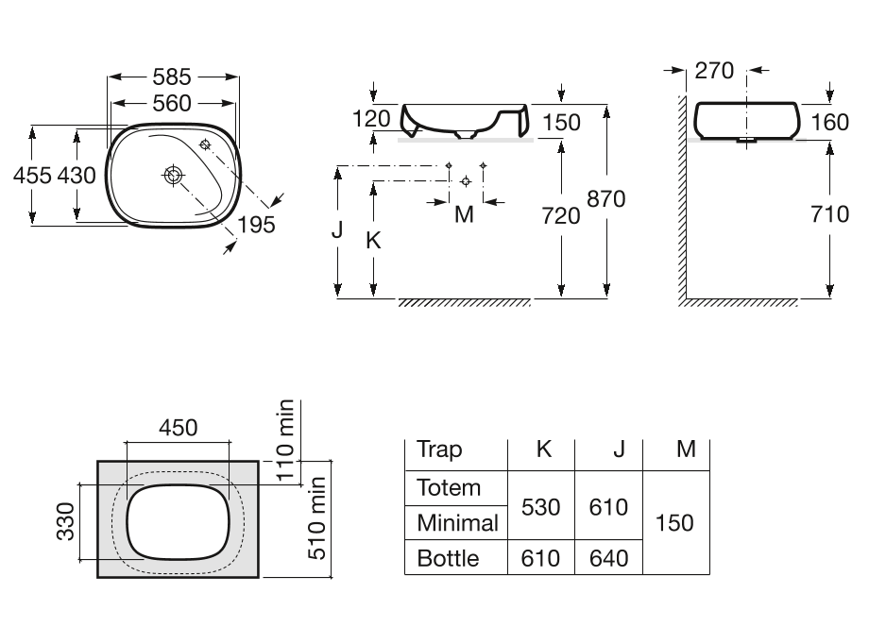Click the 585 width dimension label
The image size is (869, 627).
point(172,77)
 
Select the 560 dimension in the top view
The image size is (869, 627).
point(172,104)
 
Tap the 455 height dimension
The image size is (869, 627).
point(32,176)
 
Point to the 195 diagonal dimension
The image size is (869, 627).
point(256,225)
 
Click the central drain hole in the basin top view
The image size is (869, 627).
point(174,176)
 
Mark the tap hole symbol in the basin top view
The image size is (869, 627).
point(205,145)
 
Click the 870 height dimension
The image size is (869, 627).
point(606,199)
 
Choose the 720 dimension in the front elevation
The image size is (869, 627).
point(561,216)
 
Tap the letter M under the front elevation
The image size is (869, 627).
point(464,214)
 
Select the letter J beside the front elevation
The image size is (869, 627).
point(337,229)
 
